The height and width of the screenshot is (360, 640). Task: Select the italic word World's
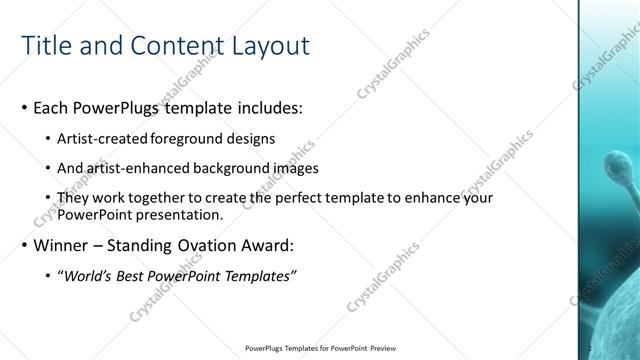[x=89, y=275]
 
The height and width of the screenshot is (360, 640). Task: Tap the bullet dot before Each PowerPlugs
[x=23, y=107]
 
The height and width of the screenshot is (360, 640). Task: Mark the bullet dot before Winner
[x=23, y=245]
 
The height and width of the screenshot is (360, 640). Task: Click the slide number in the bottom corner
[x=589, y=348]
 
